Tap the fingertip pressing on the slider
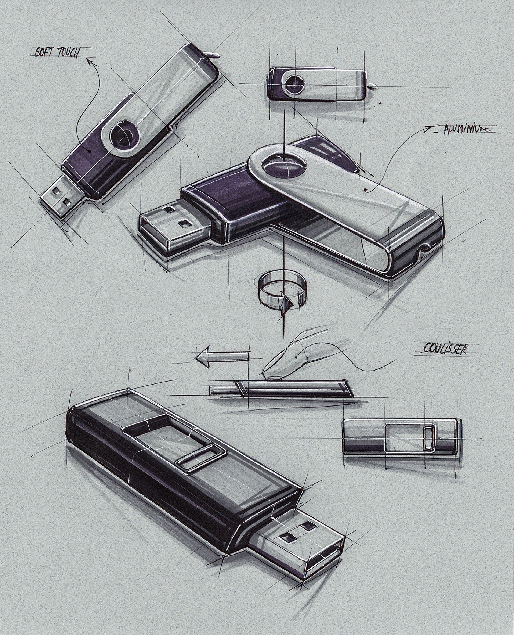(x=274, y=375)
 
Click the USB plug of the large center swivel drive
(x=173, y=228)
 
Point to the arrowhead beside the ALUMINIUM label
(x=428, y=128)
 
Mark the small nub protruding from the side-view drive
(x=374, y=85)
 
